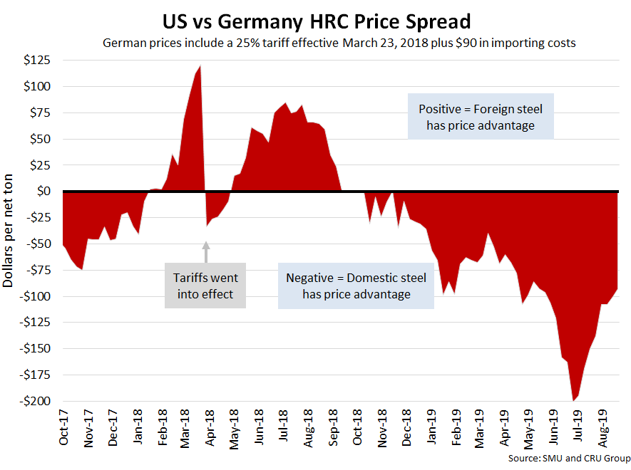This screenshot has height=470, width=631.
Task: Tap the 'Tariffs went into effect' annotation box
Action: point(205,285)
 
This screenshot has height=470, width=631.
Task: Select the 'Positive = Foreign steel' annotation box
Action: point(481,117)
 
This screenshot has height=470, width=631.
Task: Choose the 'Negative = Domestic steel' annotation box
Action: point(356,286)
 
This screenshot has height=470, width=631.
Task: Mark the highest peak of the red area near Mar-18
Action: point(200,66)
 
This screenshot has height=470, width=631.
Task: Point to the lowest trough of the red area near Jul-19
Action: point(573,400)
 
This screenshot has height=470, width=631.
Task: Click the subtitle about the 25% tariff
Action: point(339,43)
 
